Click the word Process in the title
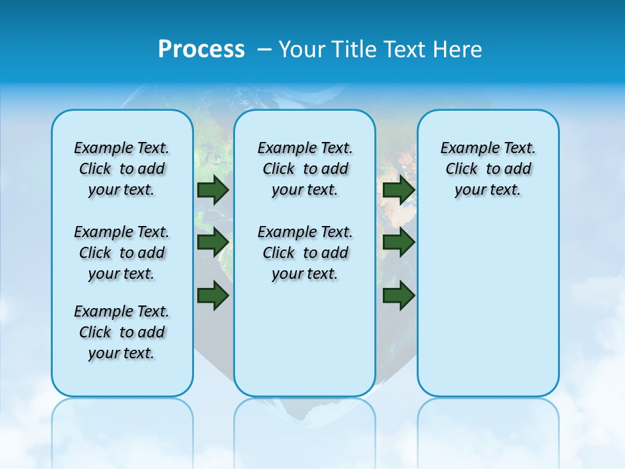click(x=201, y=50)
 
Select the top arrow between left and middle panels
click(x=213, y=190)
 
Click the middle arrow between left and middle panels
click(x=213, y=242)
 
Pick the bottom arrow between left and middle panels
click(x=213, y=295)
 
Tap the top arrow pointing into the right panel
click(x=398, y=190)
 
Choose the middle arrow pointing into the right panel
click(x=398, y=242)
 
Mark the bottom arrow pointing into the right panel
click(x=398, y=295)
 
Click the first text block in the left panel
click(x=122, y=169)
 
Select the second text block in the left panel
click(x=122, y=253)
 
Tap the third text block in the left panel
click(x=122, y=332)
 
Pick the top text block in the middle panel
click(x=305, y=169)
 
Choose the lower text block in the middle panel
click(x=305, y=253)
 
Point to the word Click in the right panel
click(x=462, y=169)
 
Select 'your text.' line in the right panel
click(x=488, y=190)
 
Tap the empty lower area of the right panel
click(x=488, y=306)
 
